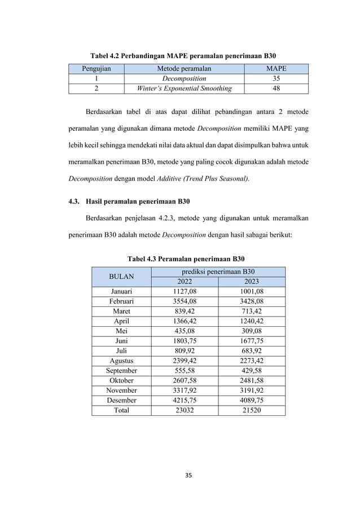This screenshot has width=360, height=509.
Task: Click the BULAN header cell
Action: pos(121,277)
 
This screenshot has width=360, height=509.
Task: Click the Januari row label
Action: pos(121,291)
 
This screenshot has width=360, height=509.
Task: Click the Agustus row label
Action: pos(121,361)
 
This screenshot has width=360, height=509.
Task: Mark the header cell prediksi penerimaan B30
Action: pos(218,272)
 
